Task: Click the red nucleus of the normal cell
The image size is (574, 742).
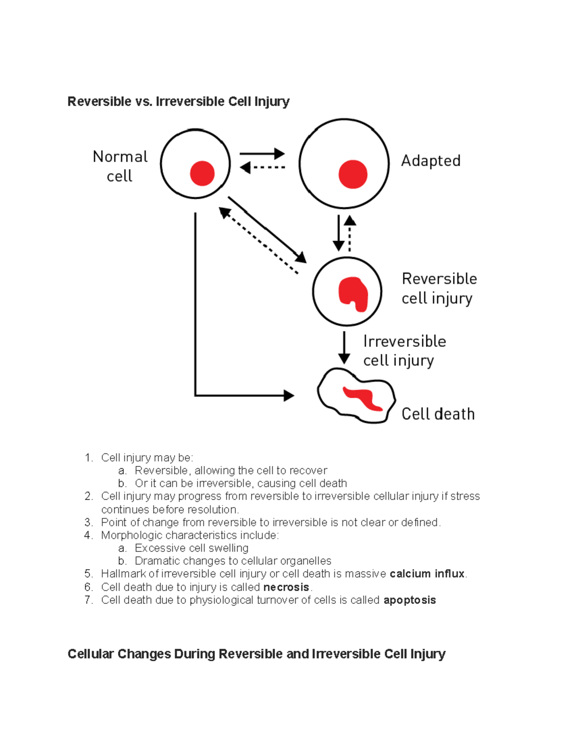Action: (x=202, y=173)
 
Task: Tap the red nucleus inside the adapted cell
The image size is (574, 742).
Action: (x=353, y=174)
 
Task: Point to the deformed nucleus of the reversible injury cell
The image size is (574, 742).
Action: (x=353, y=293)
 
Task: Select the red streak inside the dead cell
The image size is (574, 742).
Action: (x=364, y=398)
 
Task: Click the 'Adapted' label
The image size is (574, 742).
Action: (x=430, y=161)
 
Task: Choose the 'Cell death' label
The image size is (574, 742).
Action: (x=438, y=414)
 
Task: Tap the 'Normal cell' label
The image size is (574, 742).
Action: (x=120, y=166)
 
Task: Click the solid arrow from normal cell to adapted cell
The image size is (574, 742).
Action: (x=262, y=154)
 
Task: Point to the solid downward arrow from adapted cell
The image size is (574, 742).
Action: (x=339, y=233)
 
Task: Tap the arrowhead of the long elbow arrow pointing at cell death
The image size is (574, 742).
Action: (x=288, y=396)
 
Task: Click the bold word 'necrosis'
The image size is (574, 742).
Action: (x=286, y=587)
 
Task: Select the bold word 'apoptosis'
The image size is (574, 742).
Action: (x=409, y=600)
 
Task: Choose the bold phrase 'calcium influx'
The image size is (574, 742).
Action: (x=427, y=574)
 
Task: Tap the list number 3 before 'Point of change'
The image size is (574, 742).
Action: (x=88, y=522)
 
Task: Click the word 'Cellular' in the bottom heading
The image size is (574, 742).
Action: (x=90, y=654)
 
